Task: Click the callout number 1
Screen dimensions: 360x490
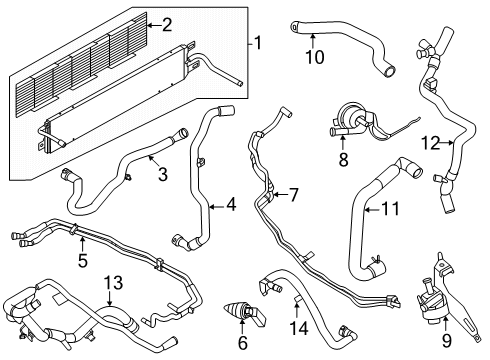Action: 258,43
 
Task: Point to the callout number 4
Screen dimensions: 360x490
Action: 231,205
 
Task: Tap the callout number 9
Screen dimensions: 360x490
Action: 448,340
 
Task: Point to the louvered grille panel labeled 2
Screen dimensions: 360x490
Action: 100,70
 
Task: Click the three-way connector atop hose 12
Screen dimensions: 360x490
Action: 430,48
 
